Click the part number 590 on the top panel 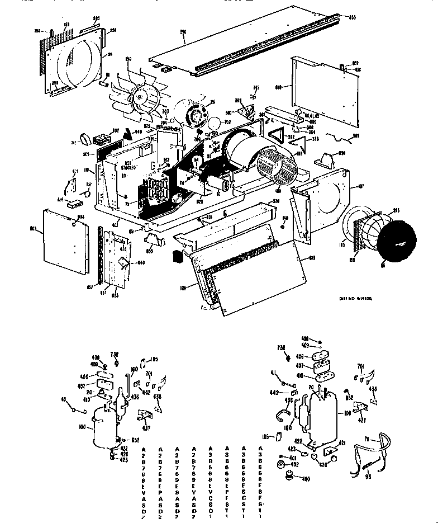pyautogui.click(x=183, y=33)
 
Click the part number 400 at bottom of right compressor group pyautogui.click(x=306, y=478)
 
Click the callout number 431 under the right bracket pyautogui.click(x=362, y=420)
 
